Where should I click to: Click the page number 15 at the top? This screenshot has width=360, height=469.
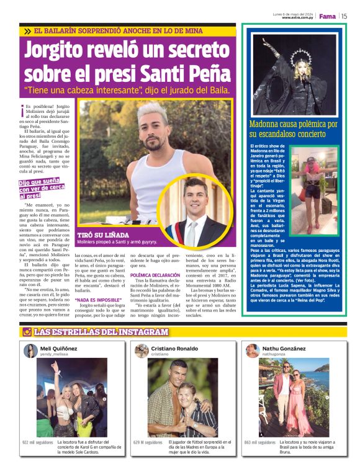(343, 16)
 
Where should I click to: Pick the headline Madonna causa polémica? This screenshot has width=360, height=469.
(293, 128)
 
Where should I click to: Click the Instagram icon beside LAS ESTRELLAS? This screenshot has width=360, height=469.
(27, 332)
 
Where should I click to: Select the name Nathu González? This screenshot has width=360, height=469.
(284, 349)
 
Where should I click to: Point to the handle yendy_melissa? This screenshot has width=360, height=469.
(55, 356)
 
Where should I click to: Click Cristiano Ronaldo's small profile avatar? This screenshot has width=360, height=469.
(142, 352)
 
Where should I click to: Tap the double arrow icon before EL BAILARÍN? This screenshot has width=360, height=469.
(27, 31)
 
